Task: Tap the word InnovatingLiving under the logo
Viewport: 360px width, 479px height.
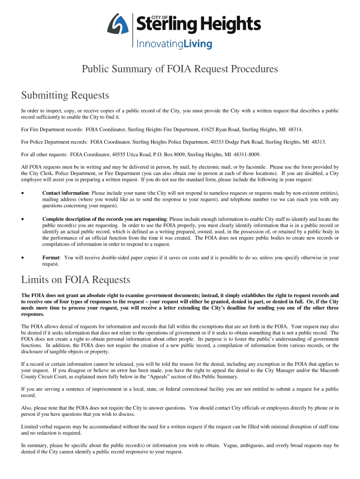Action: tap(174, 44)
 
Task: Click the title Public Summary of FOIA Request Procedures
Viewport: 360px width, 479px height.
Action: tap(180, 69)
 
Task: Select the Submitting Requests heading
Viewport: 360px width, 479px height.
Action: tap(65, 95)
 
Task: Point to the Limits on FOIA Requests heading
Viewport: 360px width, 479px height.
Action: tap(76, 280)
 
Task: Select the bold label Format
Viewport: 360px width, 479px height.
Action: tap(50, 257)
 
